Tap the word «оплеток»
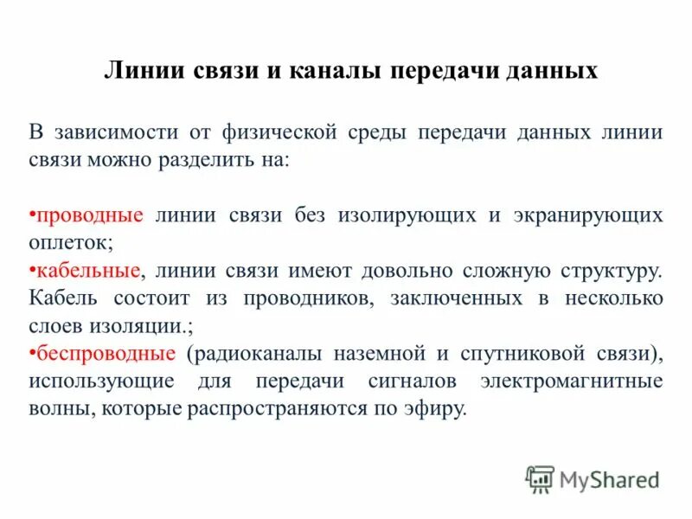click(71, 242)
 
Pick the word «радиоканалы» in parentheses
click(245, 353)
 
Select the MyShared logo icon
click(540, 478)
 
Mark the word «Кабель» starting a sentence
click(61, 298)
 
